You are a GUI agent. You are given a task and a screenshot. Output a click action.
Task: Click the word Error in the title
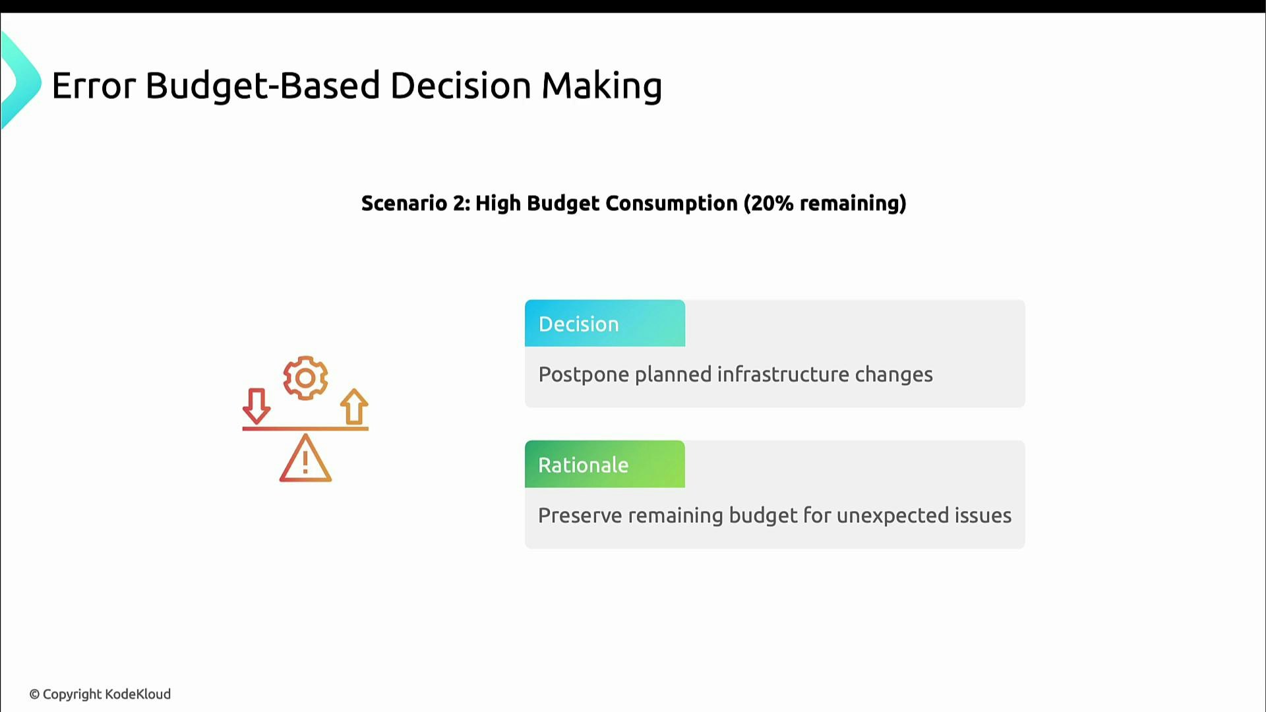[93, 86]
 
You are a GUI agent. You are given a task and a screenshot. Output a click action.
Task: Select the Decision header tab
[605, 324]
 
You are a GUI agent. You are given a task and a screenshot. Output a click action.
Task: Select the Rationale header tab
[605, 465]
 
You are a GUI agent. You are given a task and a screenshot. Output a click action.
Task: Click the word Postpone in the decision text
[583, 374]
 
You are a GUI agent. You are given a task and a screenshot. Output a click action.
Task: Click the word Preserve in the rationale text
[580, 516]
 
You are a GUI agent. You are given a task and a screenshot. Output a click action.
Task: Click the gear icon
[305, 378]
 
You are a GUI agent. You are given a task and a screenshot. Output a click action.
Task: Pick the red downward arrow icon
[256, 405]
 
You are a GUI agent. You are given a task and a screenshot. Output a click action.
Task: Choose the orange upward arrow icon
[354, 406]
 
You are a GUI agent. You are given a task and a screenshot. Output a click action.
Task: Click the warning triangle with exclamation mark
[305, 460]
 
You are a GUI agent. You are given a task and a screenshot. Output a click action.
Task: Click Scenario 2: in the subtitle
[415, 203]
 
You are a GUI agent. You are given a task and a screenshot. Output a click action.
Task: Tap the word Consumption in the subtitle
[671, 203]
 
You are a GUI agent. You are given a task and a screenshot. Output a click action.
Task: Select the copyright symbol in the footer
[34, 694]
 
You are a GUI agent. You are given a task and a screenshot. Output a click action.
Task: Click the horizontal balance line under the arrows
[305, 429]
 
